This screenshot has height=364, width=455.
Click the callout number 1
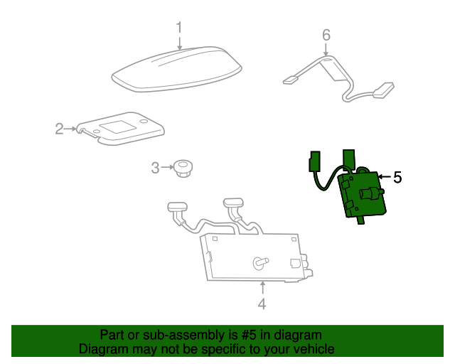[179, 28]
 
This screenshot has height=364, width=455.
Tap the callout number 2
[59, 129]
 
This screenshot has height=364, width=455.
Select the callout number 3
[155, 168]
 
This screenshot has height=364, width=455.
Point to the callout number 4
[262, 304]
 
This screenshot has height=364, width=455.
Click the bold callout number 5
[397, 177]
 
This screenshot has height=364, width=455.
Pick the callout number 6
[326, 35]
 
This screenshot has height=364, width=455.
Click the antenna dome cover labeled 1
[177, 70]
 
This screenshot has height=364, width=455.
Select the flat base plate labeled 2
[120, 129]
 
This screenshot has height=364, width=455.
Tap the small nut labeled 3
[183, 168]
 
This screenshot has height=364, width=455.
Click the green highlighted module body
[362, 195]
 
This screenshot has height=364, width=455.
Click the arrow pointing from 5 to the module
[385, 176]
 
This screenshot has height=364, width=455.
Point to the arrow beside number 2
[70, 129]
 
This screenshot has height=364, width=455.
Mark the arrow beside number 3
[168, 167]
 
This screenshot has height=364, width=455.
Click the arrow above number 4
[262, 288]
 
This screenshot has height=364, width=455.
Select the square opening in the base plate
[117, 127]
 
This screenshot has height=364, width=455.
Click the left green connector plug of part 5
[315, 161]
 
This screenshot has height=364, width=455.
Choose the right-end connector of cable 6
[384, 90]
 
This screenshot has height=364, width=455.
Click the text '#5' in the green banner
[249, 335]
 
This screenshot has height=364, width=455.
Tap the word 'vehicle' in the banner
[316, 349]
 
